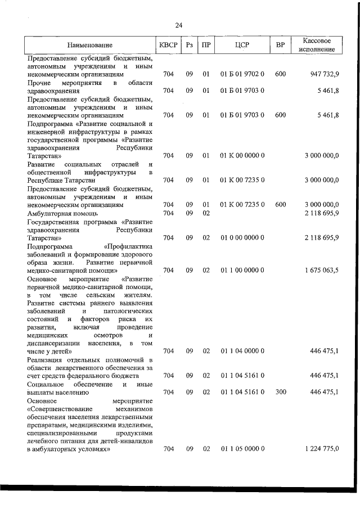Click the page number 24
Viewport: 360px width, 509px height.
pos(179,25)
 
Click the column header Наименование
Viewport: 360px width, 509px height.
pos(89,44)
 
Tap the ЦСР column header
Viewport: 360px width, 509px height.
pos(242,44)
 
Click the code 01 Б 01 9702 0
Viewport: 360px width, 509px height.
pos(242,74)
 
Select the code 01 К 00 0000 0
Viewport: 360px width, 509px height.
pos(242,155)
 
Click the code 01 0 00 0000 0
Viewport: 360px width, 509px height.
pos(242,237)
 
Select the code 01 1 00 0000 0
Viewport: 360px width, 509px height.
pos(242,270)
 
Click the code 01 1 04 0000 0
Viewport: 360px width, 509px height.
pos(242,351)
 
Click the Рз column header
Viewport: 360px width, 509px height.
pos(190,44)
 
